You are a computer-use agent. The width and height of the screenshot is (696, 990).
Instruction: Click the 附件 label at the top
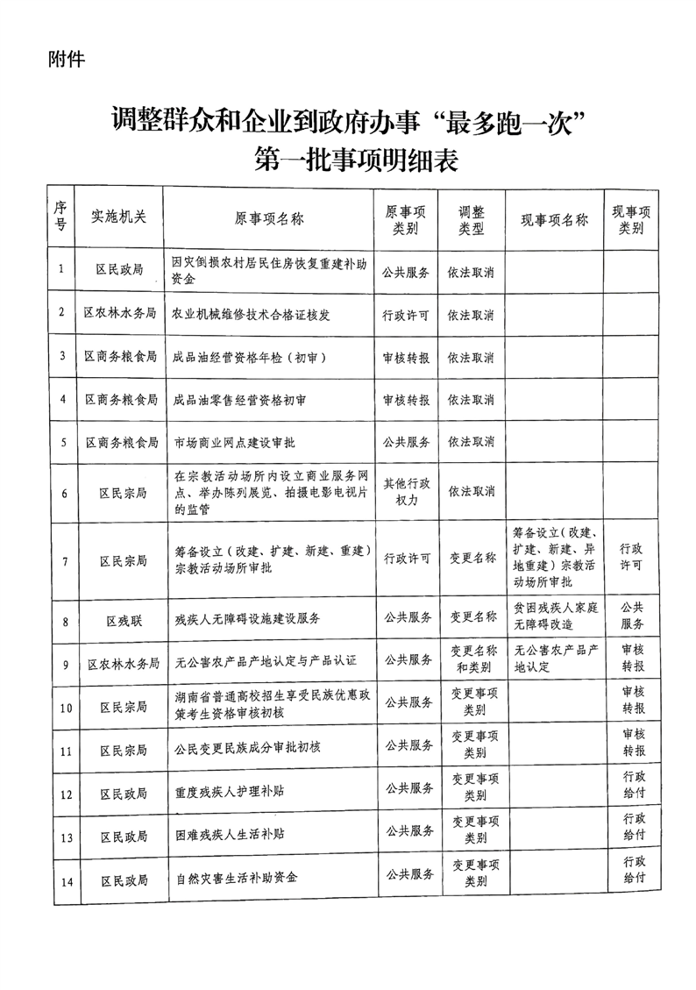pos(67,61)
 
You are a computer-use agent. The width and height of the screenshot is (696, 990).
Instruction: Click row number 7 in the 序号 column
pos(61,559)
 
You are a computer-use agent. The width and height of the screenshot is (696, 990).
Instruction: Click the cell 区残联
pos(124,620)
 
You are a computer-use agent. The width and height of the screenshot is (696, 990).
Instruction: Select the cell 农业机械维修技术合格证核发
pos(255,313)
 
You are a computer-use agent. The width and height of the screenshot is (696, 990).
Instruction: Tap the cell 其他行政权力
pos(406,490)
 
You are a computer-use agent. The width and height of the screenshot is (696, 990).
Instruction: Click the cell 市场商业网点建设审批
pos(238,442)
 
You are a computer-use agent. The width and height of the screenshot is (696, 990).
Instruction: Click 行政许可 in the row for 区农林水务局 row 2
pos(406,313)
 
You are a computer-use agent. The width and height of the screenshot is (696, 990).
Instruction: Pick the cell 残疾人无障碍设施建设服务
pos(248,619)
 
